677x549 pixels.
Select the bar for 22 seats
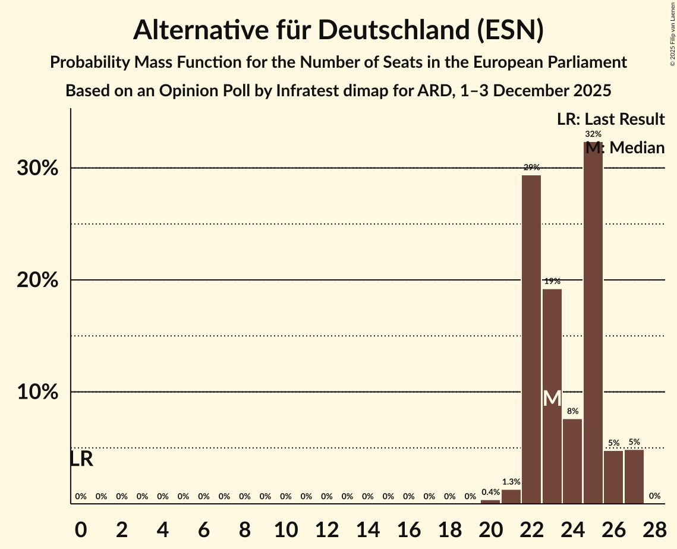531,339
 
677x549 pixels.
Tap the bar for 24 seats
572,461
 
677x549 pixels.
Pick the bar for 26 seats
613,477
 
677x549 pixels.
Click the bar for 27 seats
634,477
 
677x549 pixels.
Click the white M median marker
552,398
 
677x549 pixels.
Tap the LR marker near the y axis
81,459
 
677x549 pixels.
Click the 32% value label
593,134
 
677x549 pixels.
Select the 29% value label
531,168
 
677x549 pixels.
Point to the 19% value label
552,281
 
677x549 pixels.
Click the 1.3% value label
511,482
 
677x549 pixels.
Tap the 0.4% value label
490,492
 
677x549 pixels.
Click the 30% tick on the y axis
37,169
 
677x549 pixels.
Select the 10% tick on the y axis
37,393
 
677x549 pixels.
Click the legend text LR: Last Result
610,119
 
